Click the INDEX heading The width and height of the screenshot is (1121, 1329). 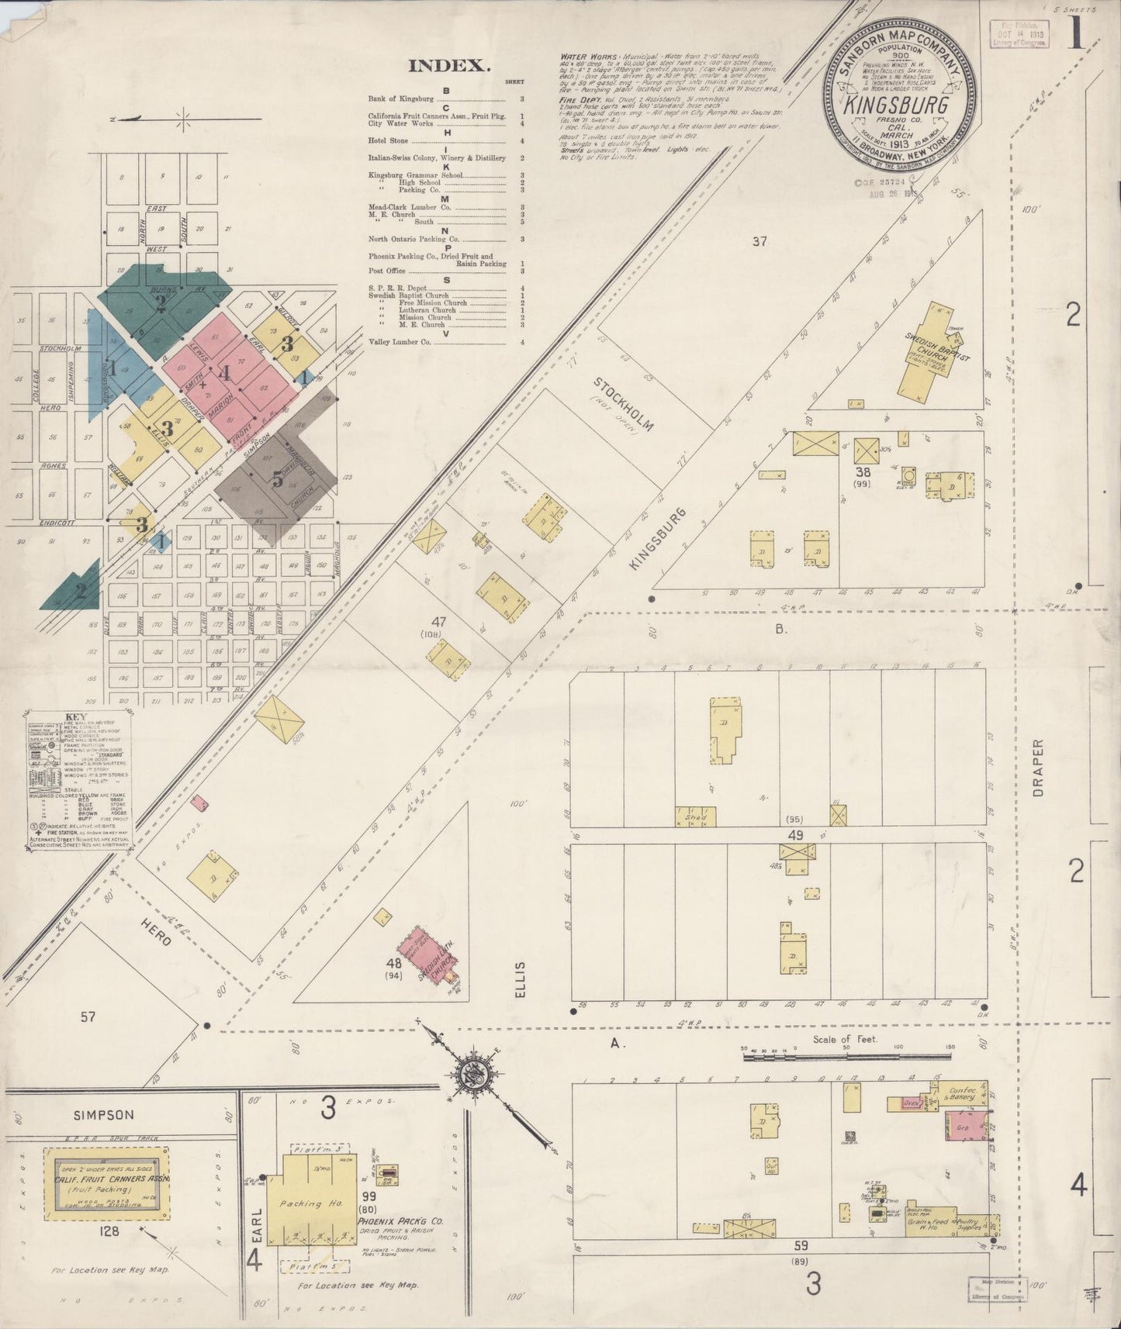[x=449, y=66]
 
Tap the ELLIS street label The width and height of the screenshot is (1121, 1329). [x=520, y=979]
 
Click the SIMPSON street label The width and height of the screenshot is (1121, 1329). [x=104, y=1114]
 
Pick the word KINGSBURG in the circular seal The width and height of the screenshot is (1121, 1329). [x=897, y=105]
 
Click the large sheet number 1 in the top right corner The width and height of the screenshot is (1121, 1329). [x=1076, y=35]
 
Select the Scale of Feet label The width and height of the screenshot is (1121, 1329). [x=845, y=1038]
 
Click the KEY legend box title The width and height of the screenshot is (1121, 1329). [x=77, y=716]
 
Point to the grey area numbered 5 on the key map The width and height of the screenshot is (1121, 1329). [x=276, y=479]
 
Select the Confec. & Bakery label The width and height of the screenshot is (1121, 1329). [x=960, y=1094]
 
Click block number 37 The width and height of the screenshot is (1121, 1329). [x=759, y=242]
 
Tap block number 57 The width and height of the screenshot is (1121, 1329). [x=87, y=1017]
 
